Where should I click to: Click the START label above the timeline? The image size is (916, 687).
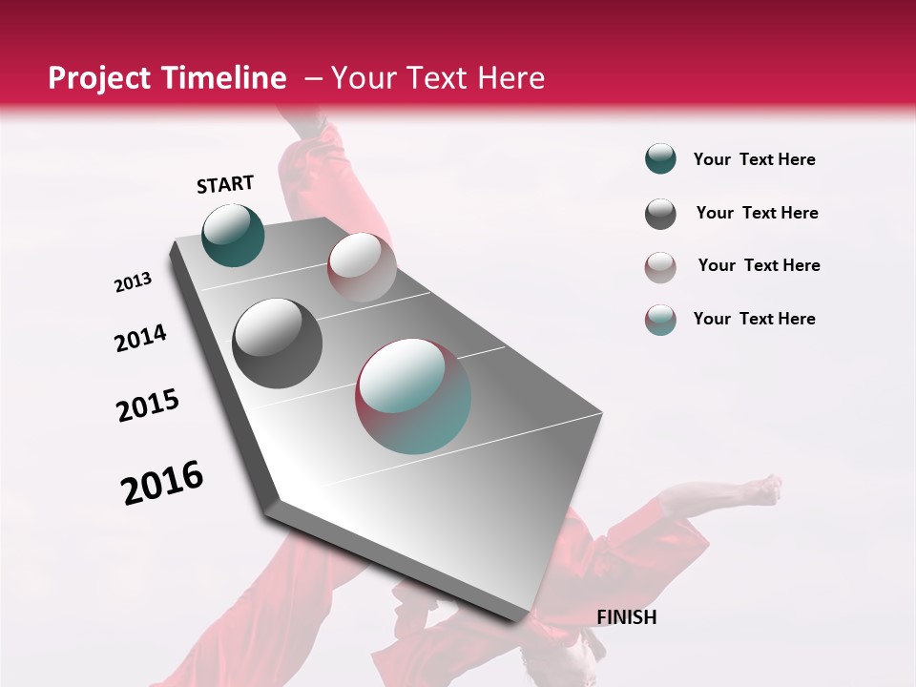tap(225, 184)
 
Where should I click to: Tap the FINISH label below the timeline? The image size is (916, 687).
tap(626, 617)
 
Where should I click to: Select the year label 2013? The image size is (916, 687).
tap(134, 282)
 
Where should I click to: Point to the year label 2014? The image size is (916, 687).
tap(141, 338)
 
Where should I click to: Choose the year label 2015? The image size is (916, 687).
tap(148, 406)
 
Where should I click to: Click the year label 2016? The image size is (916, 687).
tap(162, 482)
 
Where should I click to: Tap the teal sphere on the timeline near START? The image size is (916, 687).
tap(233, 235)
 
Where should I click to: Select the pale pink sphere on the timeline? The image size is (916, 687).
tap(361, 267)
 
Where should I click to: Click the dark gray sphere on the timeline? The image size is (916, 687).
tap(277, 343)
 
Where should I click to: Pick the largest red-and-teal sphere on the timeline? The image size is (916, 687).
tap(413, 396)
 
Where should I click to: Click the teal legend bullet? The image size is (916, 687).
tap(660, 159)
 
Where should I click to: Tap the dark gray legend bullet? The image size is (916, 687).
tap(660, 214)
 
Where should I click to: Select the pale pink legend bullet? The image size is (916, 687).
tap(660, 267)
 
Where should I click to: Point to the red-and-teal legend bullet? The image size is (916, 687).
tap(660, 320)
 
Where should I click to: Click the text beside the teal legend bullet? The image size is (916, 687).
tap(754, 160)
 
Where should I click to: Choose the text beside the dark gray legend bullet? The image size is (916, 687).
tap(757, 213)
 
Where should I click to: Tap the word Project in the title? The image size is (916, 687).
tap(99, 78)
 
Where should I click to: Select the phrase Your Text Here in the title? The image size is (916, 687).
tap(437, 78)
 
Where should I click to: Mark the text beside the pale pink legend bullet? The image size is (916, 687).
tap(759, 265)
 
